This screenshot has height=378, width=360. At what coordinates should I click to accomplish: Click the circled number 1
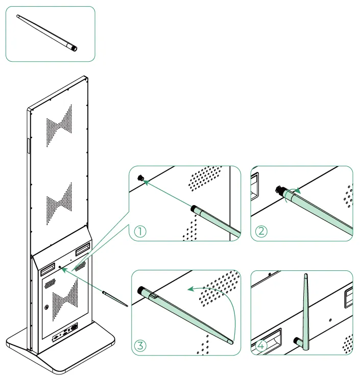(x=140, y=232)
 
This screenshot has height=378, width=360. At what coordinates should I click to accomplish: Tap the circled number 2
(x=261, y=232)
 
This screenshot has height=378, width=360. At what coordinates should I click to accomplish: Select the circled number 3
(x=140, y=345)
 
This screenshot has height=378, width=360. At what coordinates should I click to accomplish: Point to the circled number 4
(x=261, y=346)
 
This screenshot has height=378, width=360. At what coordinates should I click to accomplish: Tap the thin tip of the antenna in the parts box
(x=17, y=16)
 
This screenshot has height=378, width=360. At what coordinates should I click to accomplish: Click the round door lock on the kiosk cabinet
(x=46, y=307)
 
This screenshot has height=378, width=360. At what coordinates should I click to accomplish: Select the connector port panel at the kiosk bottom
(x=65, y=332)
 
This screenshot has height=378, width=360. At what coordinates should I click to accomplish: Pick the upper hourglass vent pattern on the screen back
(x=59, y=126)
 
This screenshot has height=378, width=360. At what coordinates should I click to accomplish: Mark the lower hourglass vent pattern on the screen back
(x=59, y=204)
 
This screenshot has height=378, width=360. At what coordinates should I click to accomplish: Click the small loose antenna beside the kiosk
(x=115, y=299)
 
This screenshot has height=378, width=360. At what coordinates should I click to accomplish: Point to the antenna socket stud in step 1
(x=140, y=178)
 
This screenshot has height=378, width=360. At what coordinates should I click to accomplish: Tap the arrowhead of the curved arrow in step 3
(x=191, y=289)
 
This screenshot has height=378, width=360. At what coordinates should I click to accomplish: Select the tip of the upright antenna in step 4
(x=306, y=275)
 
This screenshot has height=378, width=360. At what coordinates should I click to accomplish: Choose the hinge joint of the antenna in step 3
(x=154, y=296)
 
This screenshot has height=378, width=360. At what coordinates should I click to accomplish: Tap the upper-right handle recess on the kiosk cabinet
(x=83, y=249)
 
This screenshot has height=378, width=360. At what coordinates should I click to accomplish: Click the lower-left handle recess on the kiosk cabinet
(x=47, y=269)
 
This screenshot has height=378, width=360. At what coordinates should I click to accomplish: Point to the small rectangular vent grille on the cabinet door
(x=50, y=284)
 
